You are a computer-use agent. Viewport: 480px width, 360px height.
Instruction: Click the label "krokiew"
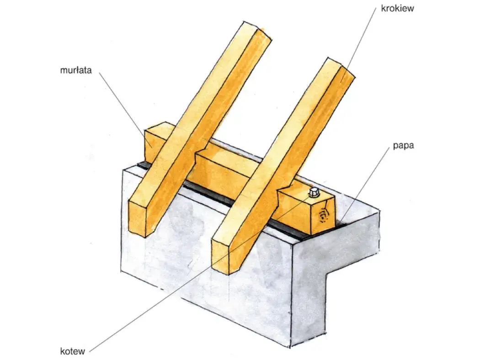(x=397, y=8)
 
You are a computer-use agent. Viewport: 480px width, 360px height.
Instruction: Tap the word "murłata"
(x=75, y=70)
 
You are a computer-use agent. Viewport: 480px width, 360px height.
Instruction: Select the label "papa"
(x=403, y=145)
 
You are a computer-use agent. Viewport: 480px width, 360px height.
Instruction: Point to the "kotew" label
(x=72, y=351)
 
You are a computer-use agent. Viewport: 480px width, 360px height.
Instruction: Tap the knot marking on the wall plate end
(x=322, y=216)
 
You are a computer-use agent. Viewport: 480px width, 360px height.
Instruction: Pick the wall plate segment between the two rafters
(x=221, y=167)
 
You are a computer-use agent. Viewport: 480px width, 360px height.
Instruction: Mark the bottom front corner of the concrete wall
(x=290, y=347)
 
